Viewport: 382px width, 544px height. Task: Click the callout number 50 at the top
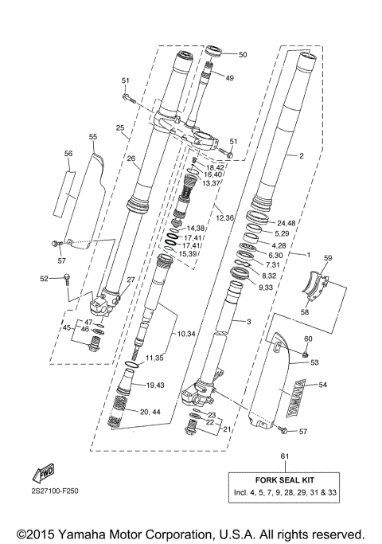[x=243, y=54]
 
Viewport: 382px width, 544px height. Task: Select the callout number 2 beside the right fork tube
[x=302, y=156]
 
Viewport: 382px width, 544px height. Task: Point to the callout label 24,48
[x=286, y=222]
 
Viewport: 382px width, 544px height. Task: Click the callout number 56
[x=68, y=153]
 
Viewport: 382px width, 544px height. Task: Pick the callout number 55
[x=93, y=137]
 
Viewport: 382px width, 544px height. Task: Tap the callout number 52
[x=44, y=278]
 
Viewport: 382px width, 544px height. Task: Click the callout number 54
[x=322, y=385]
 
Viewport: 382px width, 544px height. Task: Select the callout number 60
[x=307, y=339]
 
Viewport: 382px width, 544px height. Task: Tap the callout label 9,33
[x=265, y=286]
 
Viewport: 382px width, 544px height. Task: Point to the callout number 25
[x=120, y=127]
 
